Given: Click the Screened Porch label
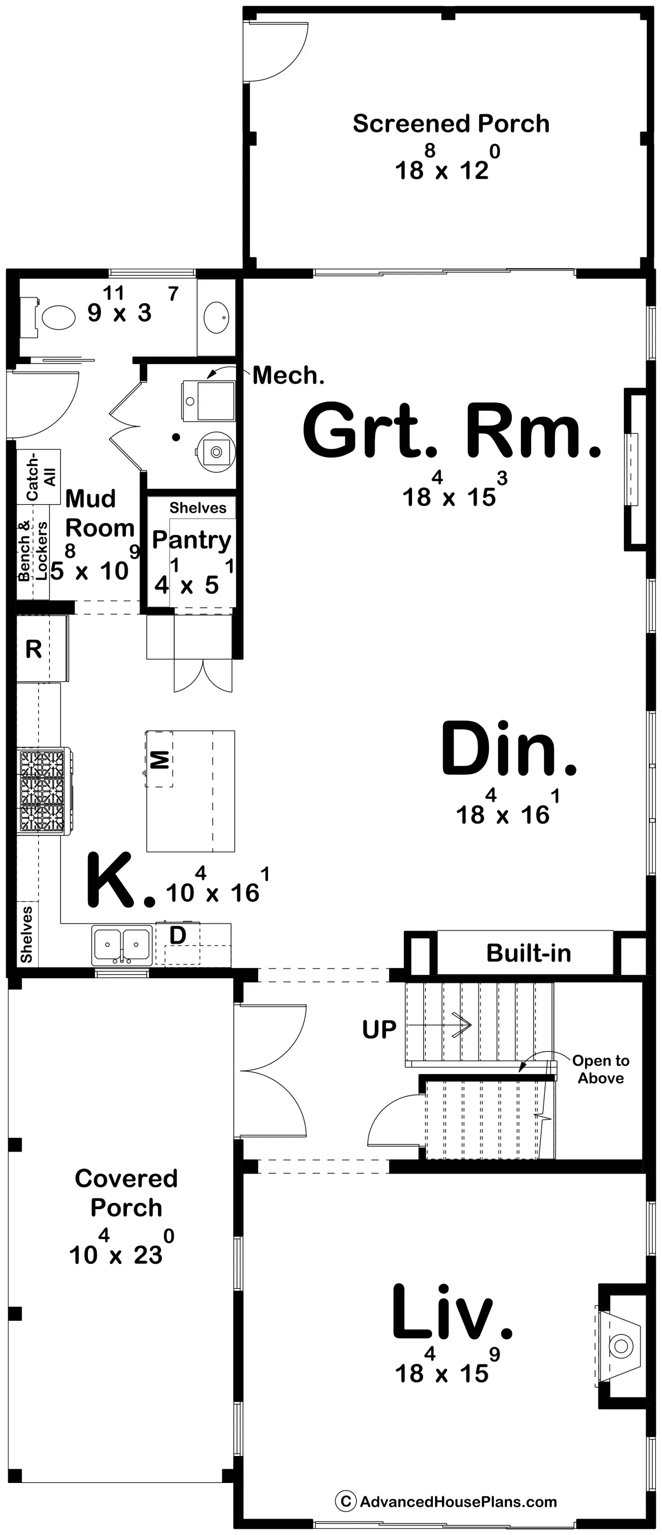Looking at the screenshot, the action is tap(451, 123).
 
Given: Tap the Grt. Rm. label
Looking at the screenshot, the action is tap(451, 429).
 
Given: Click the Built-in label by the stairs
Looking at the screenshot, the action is tap(529, 953).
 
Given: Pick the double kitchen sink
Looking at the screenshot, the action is tap(121, 945).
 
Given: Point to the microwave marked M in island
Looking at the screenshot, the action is tap(159, 759).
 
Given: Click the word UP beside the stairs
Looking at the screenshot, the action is tap(379, 1029).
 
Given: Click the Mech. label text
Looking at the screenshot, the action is tap(288, 375).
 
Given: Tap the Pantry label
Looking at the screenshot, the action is tap(191, 540).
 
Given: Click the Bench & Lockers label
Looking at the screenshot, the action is tap(33, 551).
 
